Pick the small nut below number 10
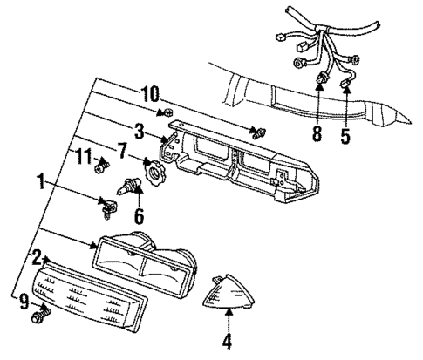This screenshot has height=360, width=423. click(x=167, y=116)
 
